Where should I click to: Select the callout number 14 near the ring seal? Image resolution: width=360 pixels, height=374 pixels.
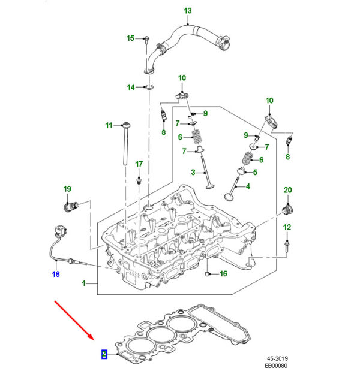click(x=131, y=88)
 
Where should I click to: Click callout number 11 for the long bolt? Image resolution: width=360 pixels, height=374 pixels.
click(x=109, y=125)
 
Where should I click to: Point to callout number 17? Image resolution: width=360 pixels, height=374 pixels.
click(x=139, y=164)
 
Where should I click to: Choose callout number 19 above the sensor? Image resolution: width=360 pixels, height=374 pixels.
click(x=67, y=189)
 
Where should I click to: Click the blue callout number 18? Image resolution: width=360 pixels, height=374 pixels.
click(x=56, y=275)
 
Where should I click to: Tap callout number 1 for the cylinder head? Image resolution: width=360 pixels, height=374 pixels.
click(x=85, y=282)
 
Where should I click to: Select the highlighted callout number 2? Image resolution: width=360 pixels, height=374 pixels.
click(x=104, y=355)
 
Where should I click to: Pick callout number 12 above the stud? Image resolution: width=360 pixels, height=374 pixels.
click(x=287, y=227)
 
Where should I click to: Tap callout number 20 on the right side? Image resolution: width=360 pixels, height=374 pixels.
click(x=287, y=190)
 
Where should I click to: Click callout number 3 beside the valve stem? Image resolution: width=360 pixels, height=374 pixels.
click(x=193, y=173)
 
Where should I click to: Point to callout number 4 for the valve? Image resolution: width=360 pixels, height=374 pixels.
click(x=248, y=186)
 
